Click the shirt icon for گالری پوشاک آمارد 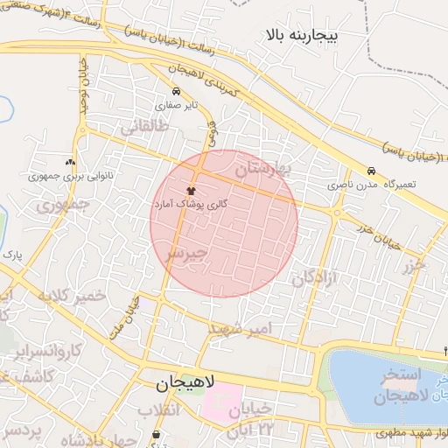point(191,190)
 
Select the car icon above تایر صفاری point(178,91)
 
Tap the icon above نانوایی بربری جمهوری point(70,162)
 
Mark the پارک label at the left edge point(11,255)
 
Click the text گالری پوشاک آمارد point(191,203)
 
